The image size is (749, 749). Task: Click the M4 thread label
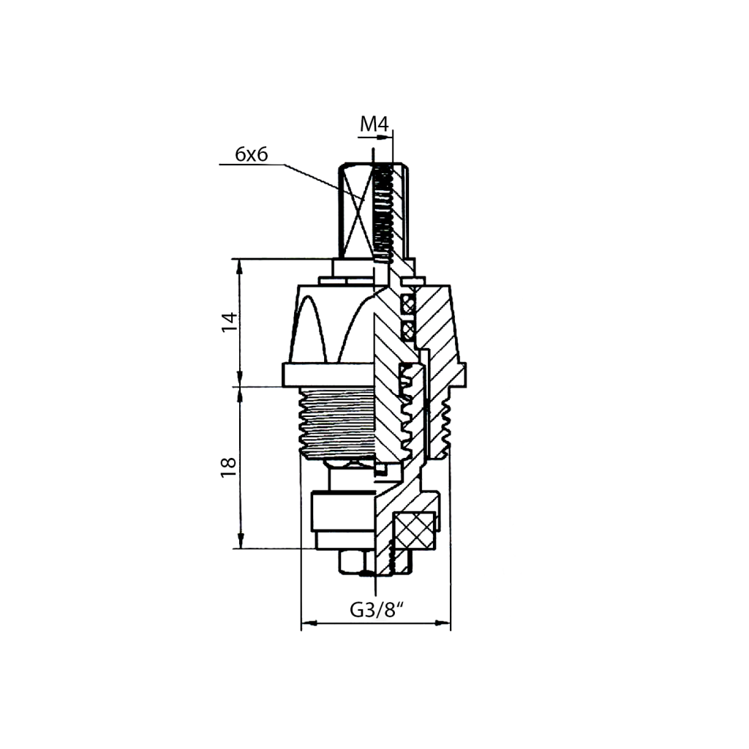374,124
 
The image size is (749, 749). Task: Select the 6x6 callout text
252,154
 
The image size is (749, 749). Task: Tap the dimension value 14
229,322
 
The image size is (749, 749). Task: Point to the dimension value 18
229,467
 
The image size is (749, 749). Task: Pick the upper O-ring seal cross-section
408,304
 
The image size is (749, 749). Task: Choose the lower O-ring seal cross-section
408,328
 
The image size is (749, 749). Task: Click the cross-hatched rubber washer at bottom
414,531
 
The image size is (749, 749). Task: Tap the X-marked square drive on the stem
356,210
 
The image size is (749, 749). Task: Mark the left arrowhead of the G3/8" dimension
309,623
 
